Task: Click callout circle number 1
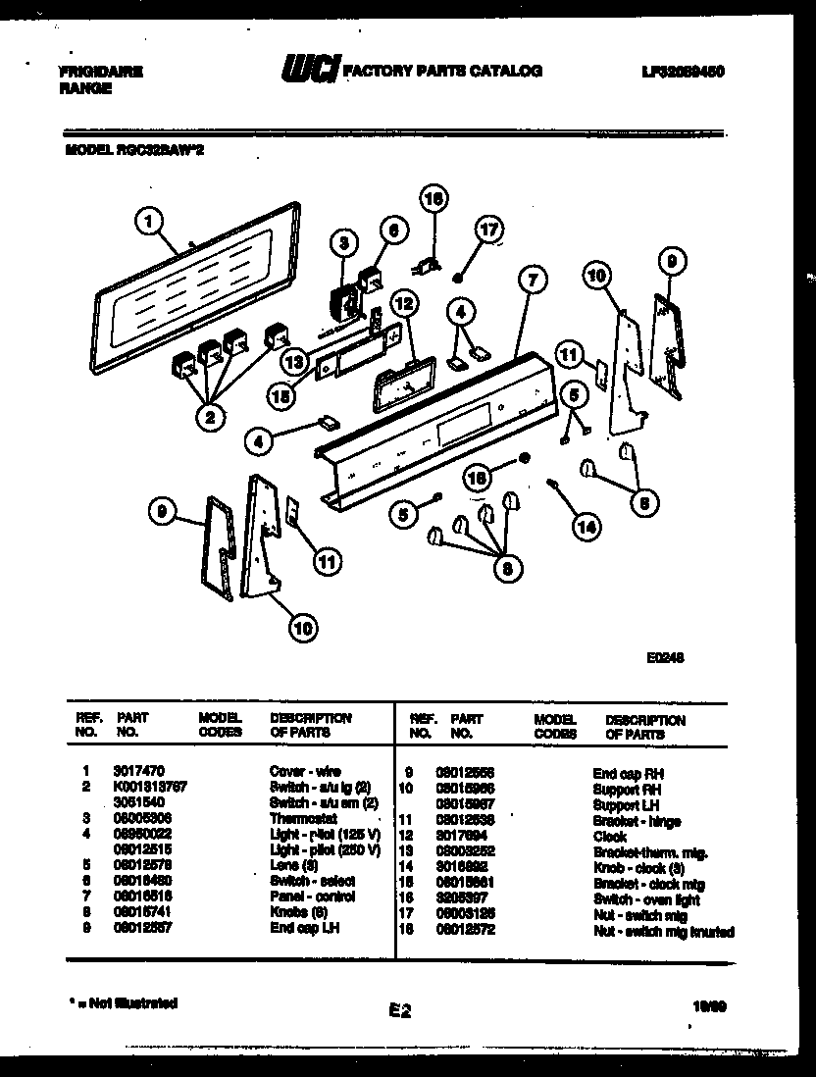coord(148,224)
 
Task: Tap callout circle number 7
coord(531,281)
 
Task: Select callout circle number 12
coord(405,303)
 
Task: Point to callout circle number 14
coord(587,526)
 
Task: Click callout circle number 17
coord(487,231)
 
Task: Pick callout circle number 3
coord(343,243)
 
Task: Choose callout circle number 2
coord(209,418)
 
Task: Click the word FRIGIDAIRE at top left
coord(102,72)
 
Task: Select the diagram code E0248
coord(666,658)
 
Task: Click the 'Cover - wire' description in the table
coord(305,773)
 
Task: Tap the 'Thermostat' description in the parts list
coord(303,819)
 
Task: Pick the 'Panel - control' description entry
coord(313,897)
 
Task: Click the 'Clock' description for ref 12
coord(609,837)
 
